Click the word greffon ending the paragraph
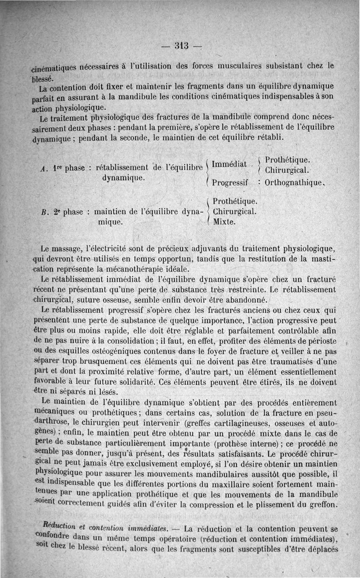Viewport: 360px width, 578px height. click(322, 505)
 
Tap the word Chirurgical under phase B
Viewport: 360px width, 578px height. click(234, 211)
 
